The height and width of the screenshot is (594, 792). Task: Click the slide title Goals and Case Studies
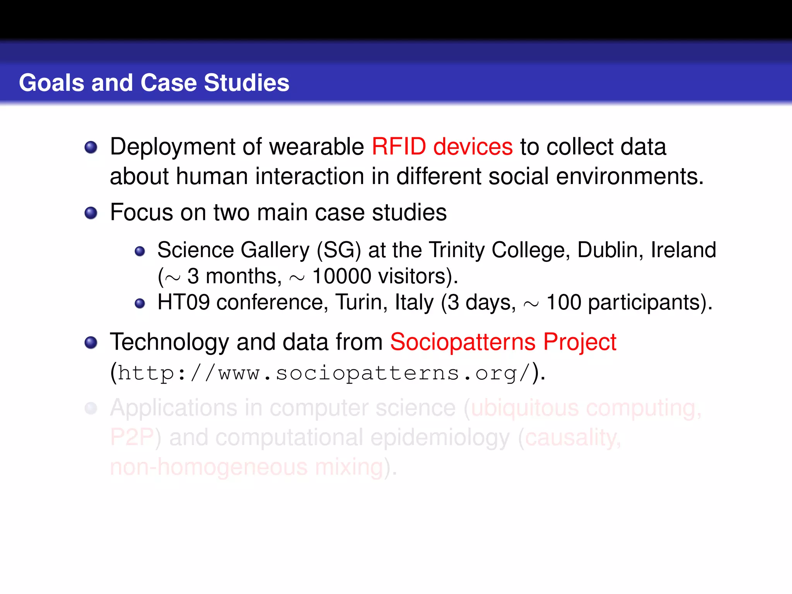[x=154, y=83]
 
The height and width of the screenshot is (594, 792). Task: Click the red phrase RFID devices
[x=442, y=147]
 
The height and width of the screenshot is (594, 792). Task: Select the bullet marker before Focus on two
[x=91, y=213]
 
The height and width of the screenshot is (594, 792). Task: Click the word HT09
[x=183, y=302]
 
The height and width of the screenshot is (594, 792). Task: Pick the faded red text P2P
[x=132, y=437]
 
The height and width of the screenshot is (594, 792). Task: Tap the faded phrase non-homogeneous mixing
[x=246, y=467]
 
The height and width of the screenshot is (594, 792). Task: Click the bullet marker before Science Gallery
[x=140, y=252]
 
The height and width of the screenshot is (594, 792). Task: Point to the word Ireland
[x=683, y=250]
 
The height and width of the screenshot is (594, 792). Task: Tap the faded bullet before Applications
[x=91, y=408]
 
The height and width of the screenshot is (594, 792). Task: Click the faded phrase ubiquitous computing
[x=585, y=408]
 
